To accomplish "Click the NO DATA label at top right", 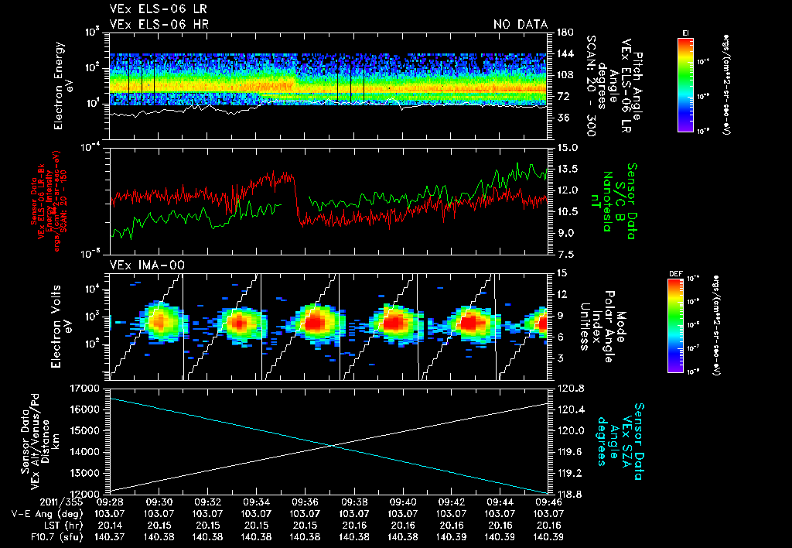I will click(x=521, y=24).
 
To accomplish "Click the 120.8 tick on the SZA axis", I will click(x=565, y=388).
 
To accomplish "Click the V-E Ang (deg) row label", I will click(x=31, y=513).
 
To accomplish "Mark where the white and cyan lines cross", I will click(x=331, y=445).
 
